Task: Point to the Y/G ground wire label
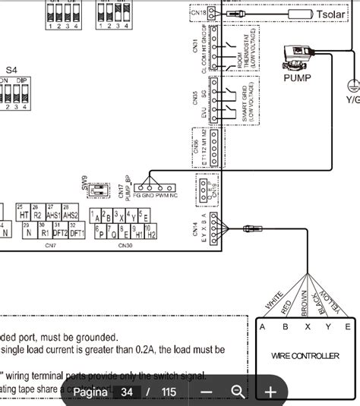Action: pos(352,99)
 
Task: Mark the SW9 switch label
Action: pos(85,183)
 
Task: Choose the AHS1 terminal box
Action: pos(53,216)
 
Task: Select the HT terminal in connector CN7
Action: pos(23,216)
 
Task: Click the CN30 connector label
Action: pos(125,245)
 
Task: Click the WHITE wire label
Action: pos(274,303)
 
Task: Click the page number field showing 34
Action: pos(127,392)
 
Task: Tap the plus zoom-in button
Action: pos(270,392)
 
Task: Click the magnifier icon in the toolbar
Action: pos(238,392)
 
